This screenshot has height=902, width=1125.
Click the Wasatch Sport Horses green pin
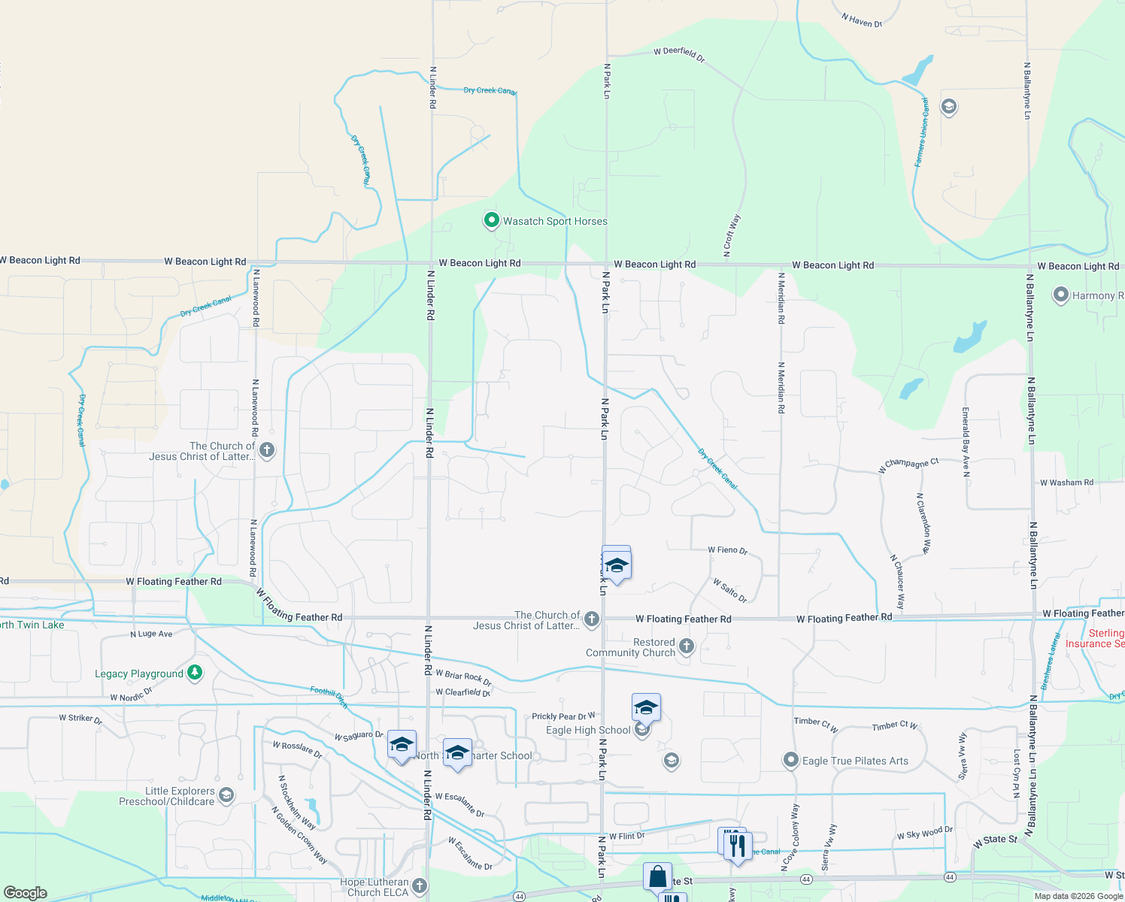point(491,220)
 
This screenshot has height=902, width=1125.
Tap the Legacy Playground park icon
point(195,673)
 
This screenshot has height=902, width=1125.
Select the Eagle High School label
point(588,730)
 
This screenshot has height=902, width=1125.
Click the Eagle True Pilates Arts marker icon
point(790,760)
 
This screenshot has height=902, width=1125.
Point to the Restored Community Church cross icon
point(686,646)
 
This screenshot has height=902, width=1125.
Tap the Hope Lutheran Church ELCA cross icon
point(420,886)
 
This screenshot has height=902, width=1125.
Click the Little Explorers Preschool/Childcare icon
point(226,795)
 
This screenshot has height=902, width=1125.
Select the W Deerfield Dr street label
point(679,53)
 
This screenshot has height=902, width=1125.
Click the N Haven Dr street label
point(862,21)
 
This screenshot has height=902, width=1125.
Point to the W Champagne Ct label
point(908,465)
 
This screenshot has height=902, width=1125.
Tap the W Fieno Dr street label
point(727,550)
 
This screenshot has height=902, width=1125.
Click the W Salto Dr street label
point(729,590)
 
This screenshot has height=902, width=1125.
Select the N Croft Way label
point(732,235)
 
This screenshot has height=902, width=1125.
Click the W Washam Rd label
point(1066,483)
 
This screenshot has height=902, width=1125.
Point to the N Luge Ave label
point(151,634)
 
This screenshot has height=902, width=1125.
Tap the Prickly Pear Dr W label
point(563,716)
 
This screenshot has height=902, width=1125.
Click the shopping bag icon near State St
point(657,876)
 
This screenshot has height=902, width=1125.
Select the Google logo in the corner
point(26,893)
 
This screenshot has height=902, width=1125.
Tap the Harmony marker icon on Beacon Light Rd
point(1060,295)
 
